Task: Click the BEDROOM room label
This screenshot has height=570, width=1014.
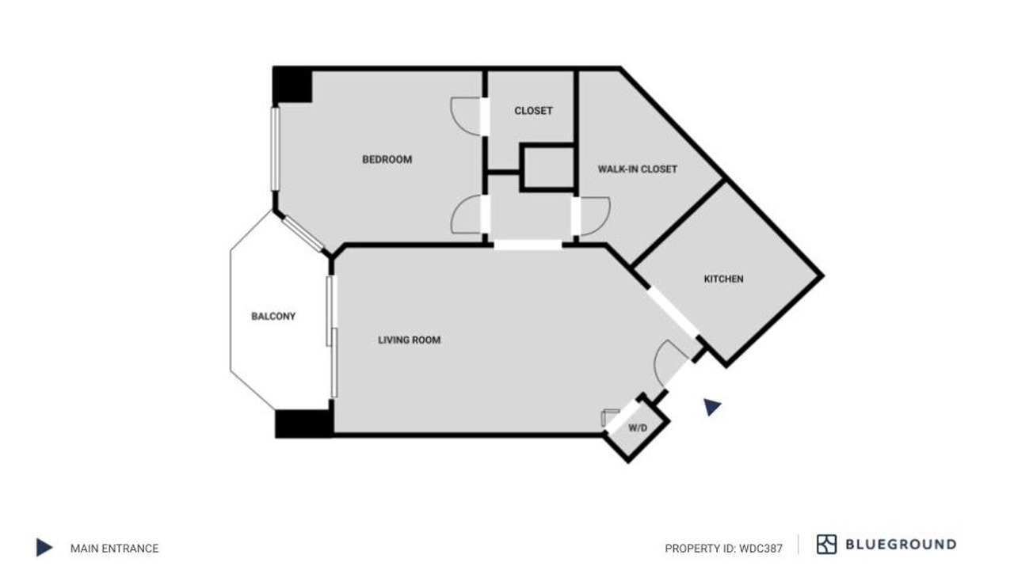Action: point(387,160)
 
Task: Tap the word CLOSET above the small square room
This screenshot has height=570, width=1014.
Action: point(533,111)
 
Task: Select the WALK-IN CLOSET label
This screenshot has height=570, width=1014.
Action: point(638,169)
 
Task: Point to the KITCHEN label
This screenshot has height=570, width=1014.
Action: point(723,279)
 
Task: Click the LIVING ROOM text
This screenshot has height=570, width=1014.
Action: point(410,340)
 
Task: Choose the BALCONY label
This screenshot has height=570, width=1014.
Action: point(273,316)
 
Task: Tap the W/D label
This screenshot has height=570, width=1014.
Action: point(638,428)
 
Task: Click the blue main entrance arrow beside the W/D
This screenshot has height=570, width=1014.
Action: point(711,407)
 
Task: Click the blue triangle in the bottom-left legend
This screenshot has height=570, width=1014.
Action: point(44,547)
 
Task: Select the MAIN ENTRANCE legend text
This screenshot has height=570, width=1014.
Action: point(115,549)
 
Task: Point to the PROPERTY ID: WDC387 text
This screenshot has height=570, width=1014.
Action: point(723,549)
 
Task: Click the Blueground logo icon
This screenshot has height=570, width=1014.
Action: point(826,544)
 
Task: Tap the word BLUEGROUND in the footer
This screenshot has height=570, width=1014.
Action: point(901,544)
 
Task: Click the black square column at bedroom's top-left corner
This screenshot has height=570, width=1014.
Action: point(292,85)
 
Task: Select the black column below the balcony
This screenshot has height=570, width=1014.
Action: point(304,424)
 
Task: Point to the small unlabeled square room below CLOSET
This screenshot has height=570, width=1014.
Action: point(549,167)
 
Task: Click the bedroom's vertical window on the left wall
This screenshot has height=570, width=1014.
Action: point(275,149)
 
